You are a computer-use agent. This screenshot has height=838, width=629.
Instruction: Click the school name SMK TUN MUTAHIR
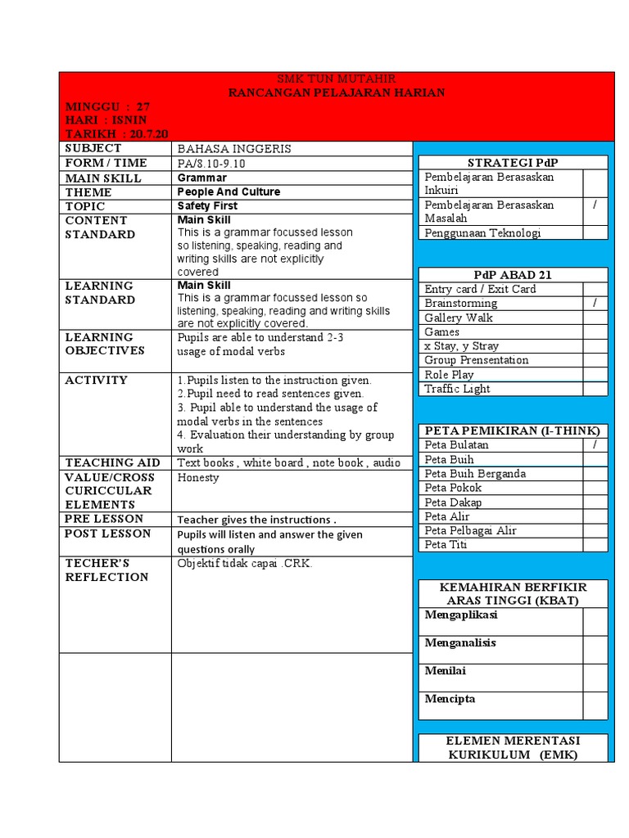pos(337,79)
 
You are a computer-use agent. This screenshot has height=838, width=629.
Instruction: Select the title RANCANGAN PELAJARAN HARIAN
pos(337,92)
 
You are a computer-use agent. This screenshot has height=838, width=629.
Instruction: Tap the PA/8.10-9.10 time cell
pos(211,164)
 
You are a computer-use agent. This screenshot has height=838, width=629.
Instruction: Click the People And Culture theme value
pos(229,191)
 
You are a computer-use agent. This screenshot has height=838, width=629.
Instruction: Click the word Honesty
pos(198,477)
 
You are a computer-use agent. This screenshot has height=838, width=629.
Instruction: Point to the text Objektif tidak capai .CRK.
pos(245,563)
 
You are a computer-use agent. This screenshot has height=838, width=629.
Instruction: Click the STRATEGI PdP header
pos(513,163)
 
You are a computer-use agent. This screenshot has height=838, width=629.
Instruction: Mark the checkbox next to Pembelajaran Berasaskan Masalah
pos(595,211)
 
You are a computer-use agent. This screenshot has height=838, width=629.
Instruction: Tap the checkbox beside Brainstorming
pos(595,303)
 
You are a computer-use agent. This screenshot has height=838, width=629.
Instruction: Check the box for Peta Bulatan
pos(595,444)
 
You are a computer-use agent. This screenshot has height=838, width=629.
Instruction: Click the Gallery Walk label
pos(459,318)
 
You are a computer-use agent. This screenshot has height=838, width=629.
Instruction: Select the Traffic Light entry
pos(457,389)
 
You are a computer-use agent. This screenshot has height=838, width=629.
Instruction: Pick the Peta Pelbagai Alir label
pos(470,530)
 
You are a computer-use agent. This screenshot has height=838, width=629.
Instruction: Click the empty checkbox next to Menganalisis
pos(595,650)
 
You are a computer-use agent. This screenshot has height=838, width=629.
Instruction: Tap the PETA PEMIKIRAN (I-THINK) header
pos(513,430)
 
